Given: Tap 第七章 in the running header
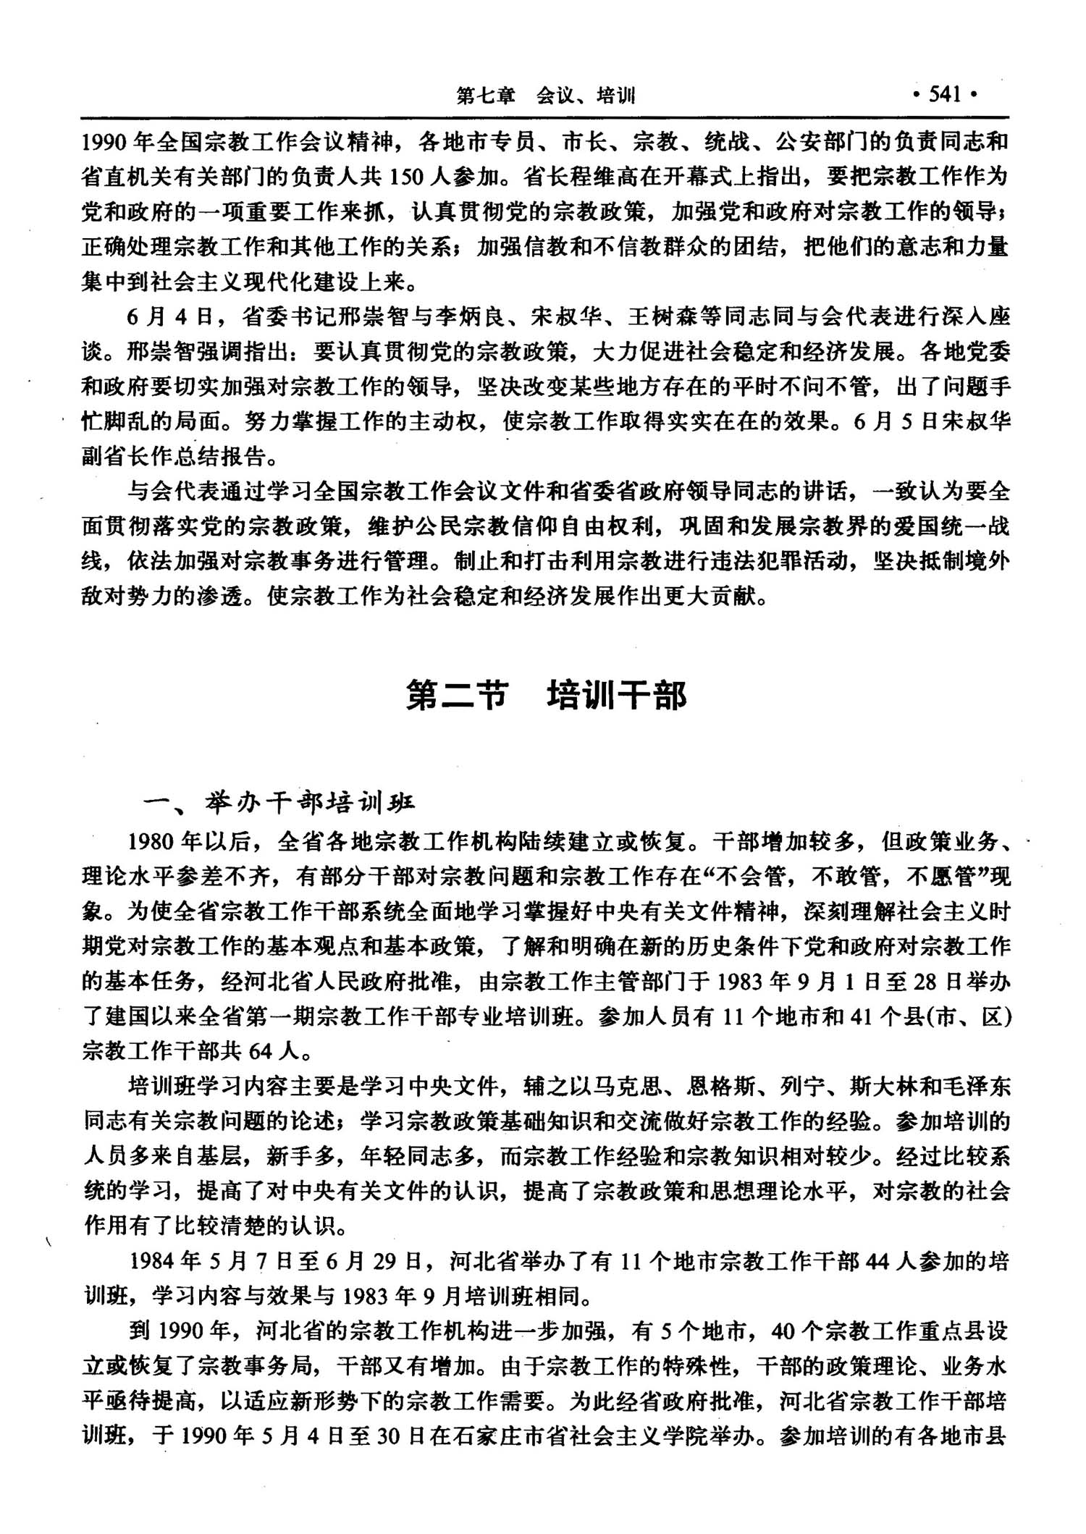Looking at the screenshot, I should (486, 96).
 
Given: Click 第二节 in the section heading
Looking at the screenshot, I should (455, 696).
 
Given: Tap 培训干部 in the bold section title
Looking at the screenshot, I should (616, 696).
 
